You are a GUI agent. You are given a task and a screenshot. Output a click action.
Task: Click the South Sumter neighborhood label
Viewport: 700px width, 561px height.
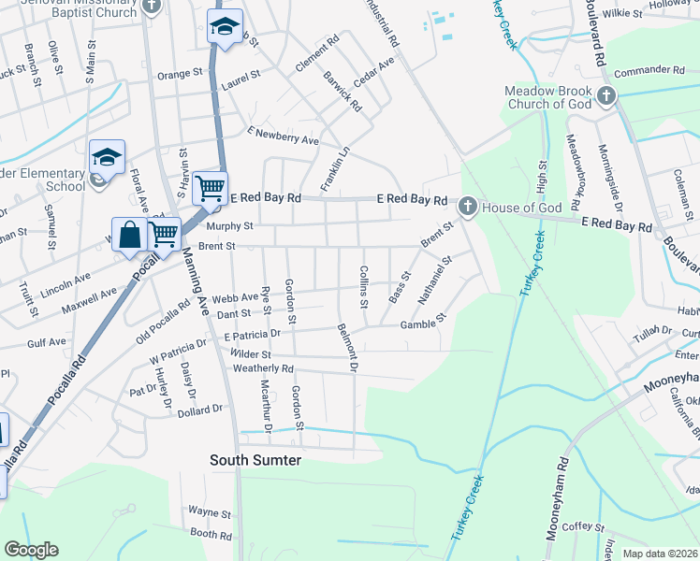[x=255, y=460]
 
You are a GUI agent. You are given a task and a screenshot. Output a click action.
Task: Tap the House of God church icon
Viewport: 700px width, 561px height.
[x=467, y=207]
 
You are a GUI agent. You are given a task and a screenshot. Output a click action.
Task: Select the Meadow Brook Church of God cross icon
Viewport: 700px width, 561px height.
[x=606, y=94]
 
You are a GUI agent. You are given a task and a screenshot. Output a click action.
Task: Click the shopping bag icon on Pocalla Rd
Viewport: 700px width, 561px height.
[x=129, y=235]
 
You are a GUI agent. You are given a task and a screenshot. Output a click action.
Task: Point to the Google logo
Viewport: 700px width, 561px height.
[x=31, y=550]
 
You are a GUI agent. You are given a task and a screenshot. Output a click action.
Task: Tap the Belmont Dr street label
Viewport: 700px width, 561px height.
[x=349, y=348]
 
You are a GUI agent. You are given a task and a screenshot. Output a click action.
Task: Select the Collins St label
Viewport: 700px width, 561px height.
[x=363, y=286]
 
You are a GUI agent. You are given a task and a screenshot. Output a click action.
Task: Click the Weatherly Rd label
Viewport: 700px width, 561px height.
[x=264, y=368]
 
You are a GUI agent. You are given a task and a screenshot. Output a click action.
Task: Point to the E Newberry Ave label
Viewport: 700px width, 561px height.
[x=283, y=136]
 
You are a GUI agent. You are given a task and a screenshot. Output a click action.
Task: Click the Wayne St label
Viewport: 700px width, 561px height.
[x=209, y=512]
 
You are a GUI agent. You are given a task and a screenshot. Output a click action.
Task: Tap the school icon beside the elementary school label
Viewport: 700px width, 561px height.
[x=107, y=157]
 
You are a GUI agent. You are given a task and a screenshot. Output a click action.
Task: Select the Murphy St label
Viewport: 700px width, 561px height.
[x=229, y=225]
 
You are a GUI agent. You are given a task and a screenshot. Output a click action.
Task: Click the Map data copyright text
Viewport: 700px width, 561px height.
[x=661, y=554]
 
